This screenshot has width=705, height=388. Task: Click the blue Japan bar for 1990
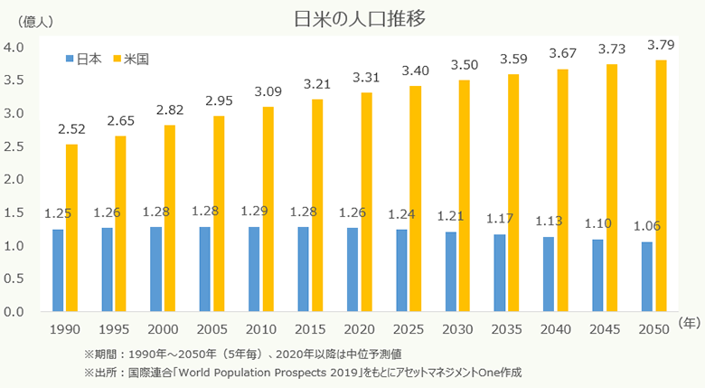pyautogui.click(x=58, y=270)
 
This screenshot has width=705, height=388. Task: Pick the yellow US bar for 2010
pyautogui.click(x=268, y=209)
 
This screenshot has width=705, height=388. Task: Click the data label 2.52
pyautogui.click(x=70, y=128)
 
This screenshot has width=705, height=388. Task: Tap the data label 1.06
pyautogui.click(x=647, y=226)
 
